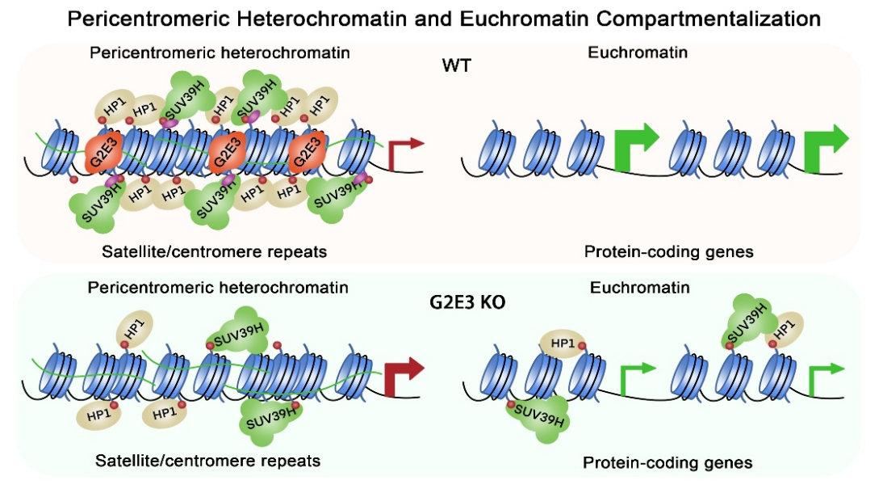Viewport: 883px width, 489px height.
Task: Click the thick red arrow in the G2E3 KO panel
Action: click(x=405, y=373)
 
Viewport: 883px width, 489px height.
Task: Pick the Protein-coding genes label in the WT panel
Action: click(x=668, y=251)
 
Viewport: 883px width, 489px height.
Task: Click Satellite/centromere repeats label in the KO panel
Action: click(x=207, y=462)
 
